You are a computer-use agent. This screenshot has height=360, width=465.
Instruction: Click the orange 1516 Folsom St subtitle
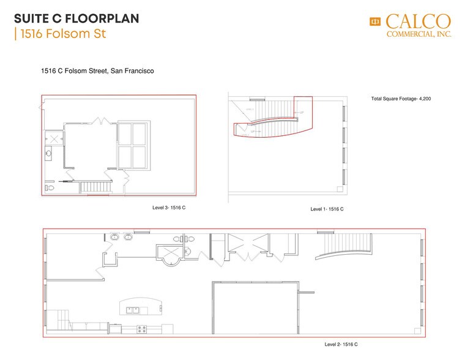(x=62, y=34)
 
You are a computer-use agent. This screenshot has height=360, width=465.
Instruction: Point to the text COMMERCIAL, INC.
(x=419, y=35)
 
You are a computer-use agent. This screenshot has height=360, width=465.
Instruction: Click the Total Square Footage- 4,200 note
(x=401, y=99)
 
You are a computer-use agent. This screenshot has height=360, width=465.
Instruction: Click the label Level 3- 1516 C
(x=169, y=208)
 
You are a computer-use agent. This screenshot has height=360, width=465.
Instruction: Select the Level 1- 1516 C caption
(x=327, y=209)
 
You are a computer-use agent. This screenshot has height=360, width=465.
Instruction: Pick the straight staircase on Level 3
(x=94, y=186)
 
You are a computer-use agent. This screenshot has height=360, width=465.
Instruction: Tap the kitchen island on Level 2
(x=140, y=307)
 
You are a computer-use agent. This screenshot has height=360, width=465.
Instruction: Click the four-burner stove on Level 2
(x=142, y=329)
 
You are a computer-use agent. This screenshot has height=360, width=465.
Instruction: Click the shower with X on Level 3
(x=54, y=139)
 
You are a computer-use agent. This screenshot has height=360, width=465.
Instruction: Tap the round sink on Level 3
(x=48, y=154)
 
